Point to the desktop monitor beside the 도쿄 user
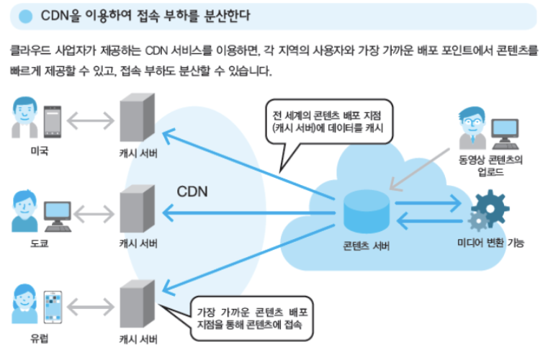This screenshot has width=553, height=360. coord(58,210)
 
